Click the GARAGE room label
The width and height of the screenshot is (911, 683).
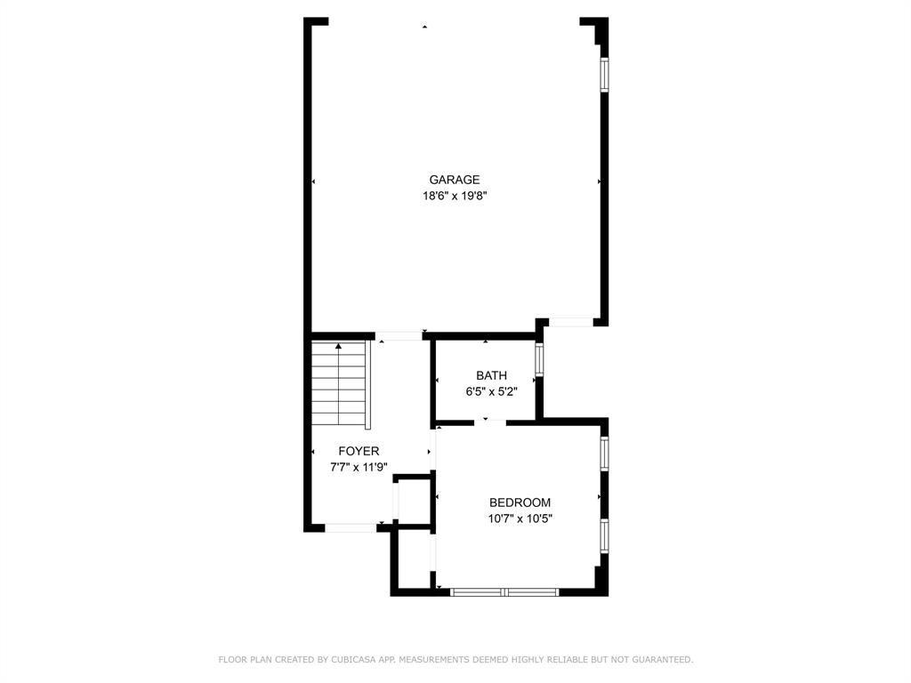[455, 180]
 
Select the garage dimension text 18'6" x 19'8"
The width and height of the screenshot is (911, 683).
[455, 197]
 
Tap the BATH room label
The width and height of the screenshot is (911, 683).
[491, 375]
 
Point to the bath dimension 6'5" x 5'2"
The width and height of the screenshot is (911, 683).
[491, 391]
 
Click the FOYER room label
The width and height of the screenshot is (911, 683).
[359, 451]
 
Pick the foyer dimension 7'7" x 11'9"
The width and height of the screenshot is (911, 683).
[359, 467]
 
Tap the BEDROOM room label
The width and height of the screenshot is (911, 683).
[520, 502]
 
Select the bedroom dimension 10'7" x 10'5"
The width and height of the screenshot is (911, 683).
[520, 518]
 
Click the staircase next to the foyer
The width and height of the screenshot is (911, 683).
[339, 383]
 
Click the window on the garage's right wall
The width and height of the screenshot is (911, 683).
[604, 75]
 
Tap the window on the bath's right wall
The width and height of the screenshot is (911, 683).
[539, 360]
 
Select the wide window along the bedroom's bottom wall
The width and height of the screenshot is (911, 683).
[504, 591]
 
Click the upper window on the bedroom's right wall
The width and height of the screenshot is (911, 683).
[604, 453]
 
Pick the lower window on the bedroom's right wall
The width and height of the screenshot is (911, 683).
[604, 536]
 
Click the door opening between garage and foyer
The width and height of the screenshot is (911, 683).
[399, 336]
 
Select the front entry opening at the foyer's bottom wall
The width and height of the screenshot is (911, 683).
[351, 528]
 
